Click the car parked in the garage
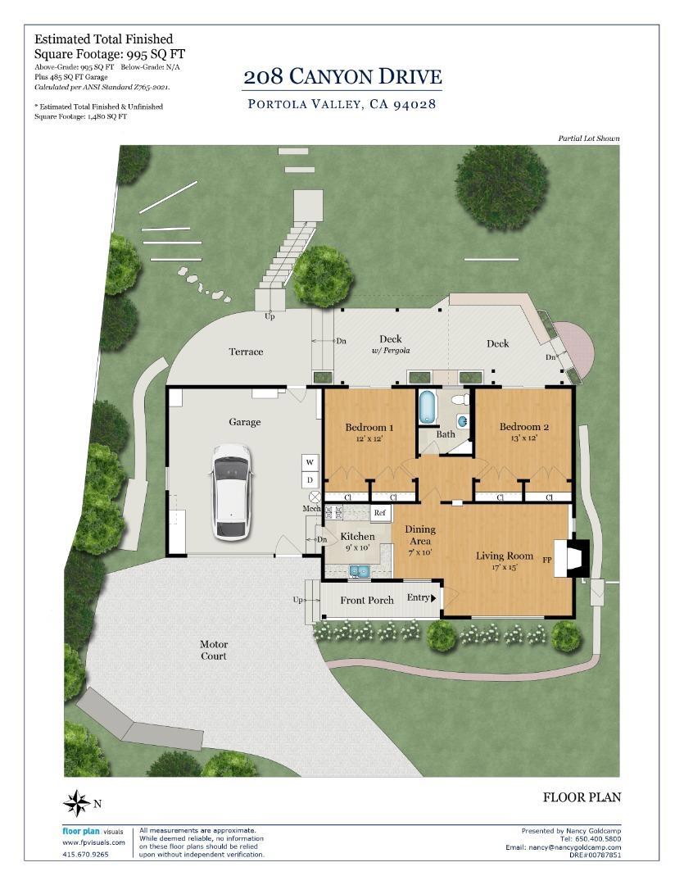pyautogui.click(x=231, y=492)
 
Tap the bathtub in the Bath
pyautogui.click(x=428, y=406)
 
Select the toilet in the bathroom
pyautogui.click(x=460, y=400)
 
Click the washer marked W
pyautogui.click(x=310, y=462)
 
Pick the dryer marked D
pyautogui.click(x=310, y=479)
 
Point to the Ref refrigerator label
pyautogui.click(x=380, y=512)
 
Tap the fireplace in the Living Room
pyautogui.click(x=571, y=559)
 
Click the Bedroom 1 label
pyautogui.click(x=369, y=427)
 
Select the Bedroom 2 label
pyautogui.click(x=523, y=427)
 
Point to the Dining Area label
pyautogui.click(x=420, y=535)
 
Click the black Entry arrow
pyautogui.click(x=433, y=598)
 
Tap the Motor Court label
pyautogui.click(x=213, y=650)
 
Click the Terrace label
pyautogui.click(x=246, y=352)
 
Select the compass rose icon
pyautogui.click(x=76, y=803)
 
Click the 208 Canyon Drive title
pyautogui.click(x=342, y=77)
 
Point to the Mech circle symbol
pyautogui.click(x=315, y=497)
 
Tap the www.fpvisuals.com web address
pyautogui.click(x=93, y=842)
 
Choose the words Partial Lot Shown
pyautogui.click(x=589, y=138)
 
